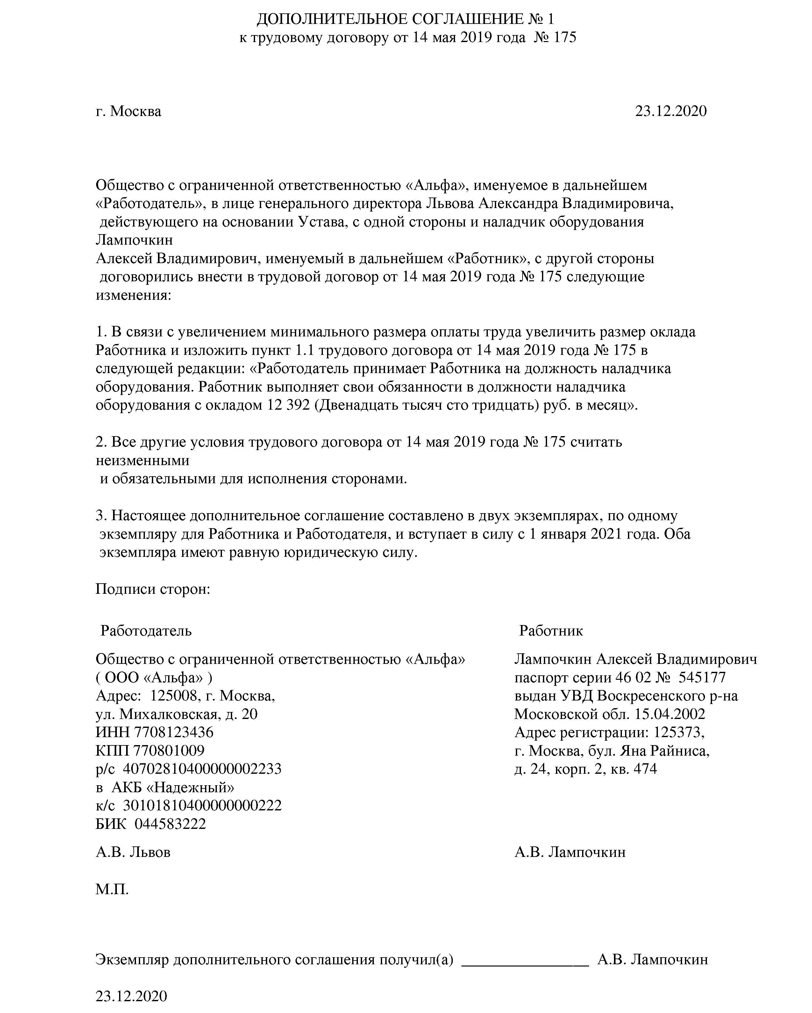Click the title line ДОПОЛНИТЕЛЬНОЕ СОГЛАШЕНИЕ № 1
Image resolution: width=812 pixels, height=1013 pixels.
[x=405, y=19]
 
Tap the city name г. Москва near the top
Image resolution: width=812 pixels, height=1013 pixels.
[x=128, y=111]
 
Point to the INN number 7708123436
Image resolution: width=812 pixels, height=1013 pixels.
[x=174, y=732]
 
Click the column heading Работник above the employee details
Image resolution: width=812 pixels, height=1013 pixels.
[x=551, y=630]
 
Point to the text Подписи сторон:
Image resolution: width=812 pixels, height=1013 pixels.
[x=153, y=589]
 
